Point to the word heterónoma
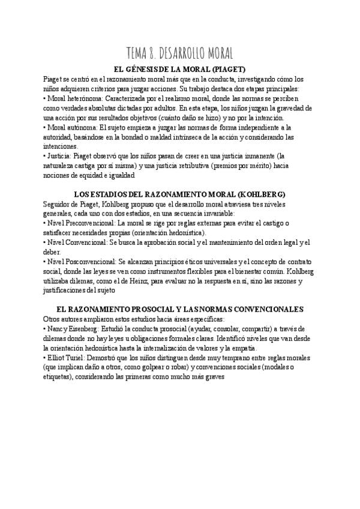click(x=86, y=98)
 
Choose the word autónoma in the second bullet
click(x=84, y=127)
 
